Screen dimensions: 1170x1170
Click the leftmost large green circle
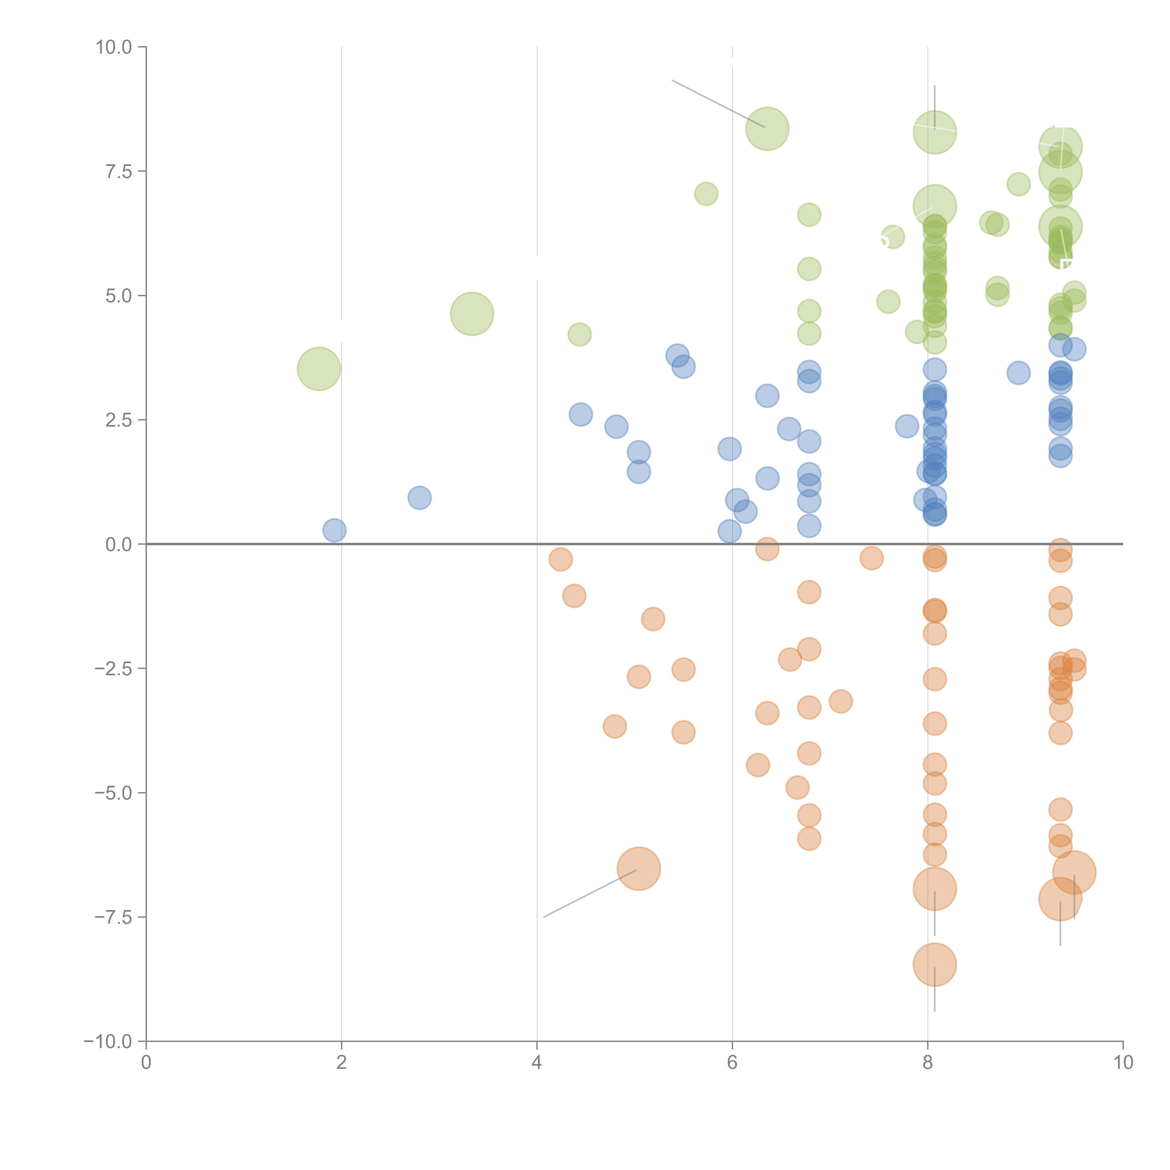(x=318, y=369)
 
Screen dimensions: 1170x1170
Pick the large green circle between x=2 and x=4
(x=472, y=314)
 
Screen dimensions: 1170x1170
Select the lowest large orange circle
(x=934, y=965)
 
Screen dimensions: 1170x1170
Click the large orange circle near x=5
(x=638, y=868)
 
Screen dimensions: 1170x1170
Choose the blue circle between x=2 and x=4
(x=419, y=498)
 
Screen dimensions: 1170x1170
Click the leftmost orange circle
(x=560, y=559)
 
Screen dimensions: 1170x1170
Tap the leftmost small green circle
(x=580, y=334)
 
